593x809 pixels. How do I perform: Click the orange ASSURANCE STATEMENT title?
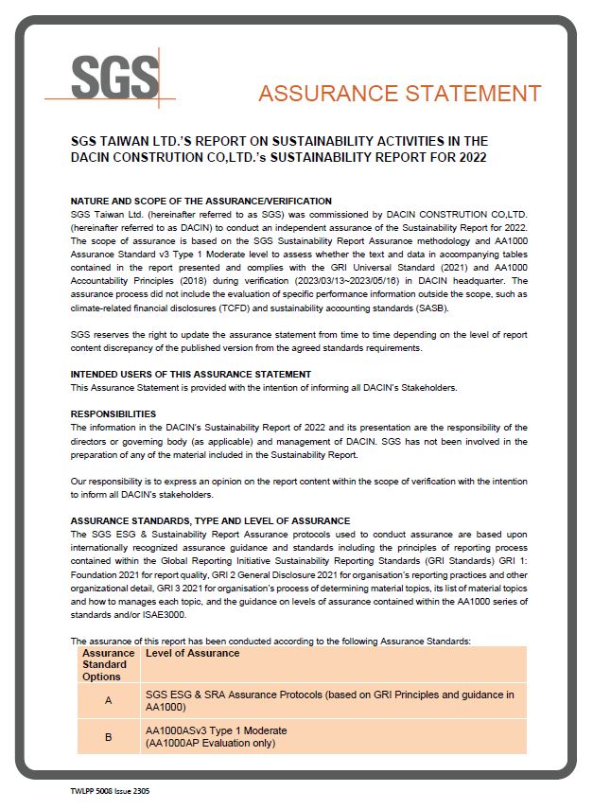399,93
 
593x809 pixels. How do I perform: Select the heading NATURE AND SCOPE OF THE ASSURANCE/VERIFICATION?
201,201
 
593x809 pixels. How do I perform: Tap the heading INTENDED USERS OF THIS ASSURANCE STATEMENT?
191,374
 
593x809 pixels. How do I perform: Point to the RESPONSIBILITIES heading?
113,414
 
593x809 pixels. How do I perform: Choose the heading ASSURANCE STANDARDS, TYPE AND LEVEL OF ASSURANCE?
210,520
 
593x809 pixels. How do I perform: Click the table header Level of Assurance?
193,653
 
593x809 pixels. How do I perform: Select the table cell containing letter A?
109,701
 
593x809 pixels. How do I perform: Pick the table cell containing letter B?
109,736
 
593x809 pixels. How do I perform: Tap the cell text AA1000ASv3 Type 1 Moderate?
217,730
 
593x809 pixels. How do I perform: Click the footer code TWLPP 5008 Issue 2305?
110,789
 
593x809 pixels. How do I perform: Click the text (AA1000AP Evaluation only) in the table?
210,743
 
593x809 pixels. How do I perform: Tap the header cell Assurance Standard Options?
109,664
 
